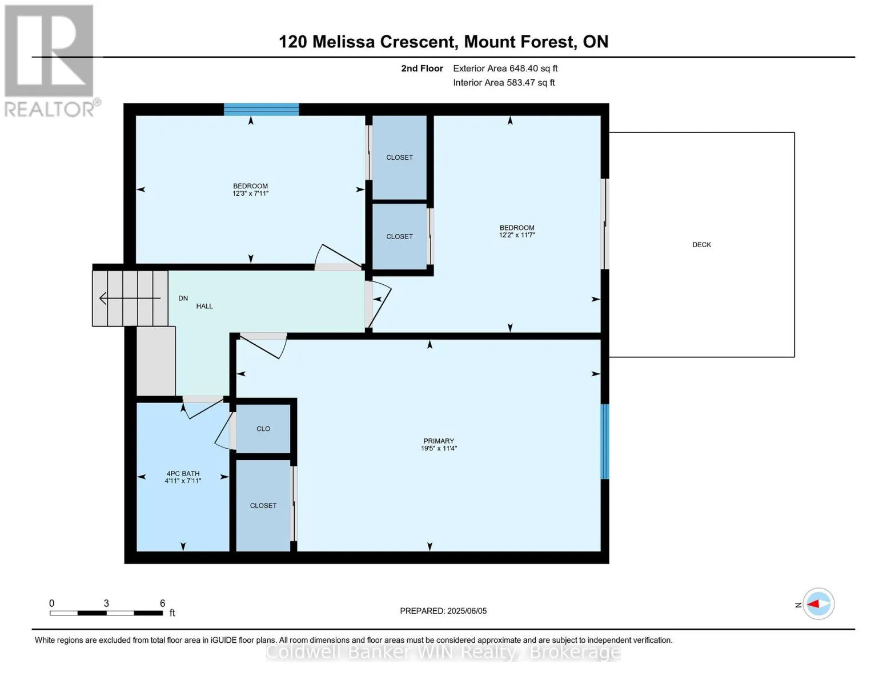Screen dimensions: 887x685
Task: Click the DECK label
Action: (701, 245)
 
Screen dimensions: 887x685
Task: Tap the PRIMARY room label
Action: (439, 441)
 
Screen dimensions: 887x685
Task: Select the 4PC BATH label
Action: (183, 474)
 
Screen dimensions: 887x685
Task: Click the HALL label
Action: (204, 307)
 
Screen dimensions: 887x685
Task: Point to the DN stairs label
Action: (183, 298)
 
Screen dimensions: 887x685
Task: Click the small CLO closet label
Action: (263, 429)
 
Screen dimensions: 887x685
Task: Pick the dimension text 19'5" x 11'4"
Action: (439, 448)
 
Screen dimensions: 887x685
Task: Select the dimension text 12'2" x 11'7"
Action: (517, 235)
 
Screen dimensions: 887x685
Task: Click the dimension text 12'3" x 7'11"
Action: (250, 194)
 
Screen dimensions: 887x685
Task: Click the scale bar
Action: (106, 613)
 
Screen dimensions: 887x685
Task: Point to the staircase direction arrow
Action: (130, 298)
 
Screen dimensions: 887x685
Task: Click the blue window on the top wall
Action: (261, 110)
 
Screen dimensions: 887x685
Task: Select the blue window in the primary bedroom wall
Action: (604, 441)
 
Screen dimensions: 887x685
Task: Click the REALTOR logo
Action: (51, 61)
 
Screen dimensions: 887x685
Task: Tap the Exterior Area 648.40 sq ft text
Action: (505, 68)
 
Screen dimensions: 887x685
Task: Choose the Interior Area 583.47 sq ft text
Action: (504, 83)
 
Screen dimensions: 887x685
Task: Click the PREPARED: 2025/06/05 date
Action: (443, 611)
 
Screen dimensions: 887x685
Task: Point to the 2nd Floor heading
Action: (422, 68)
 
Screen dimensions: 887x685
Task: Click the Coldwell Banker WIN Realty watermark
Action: (443, 652)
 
